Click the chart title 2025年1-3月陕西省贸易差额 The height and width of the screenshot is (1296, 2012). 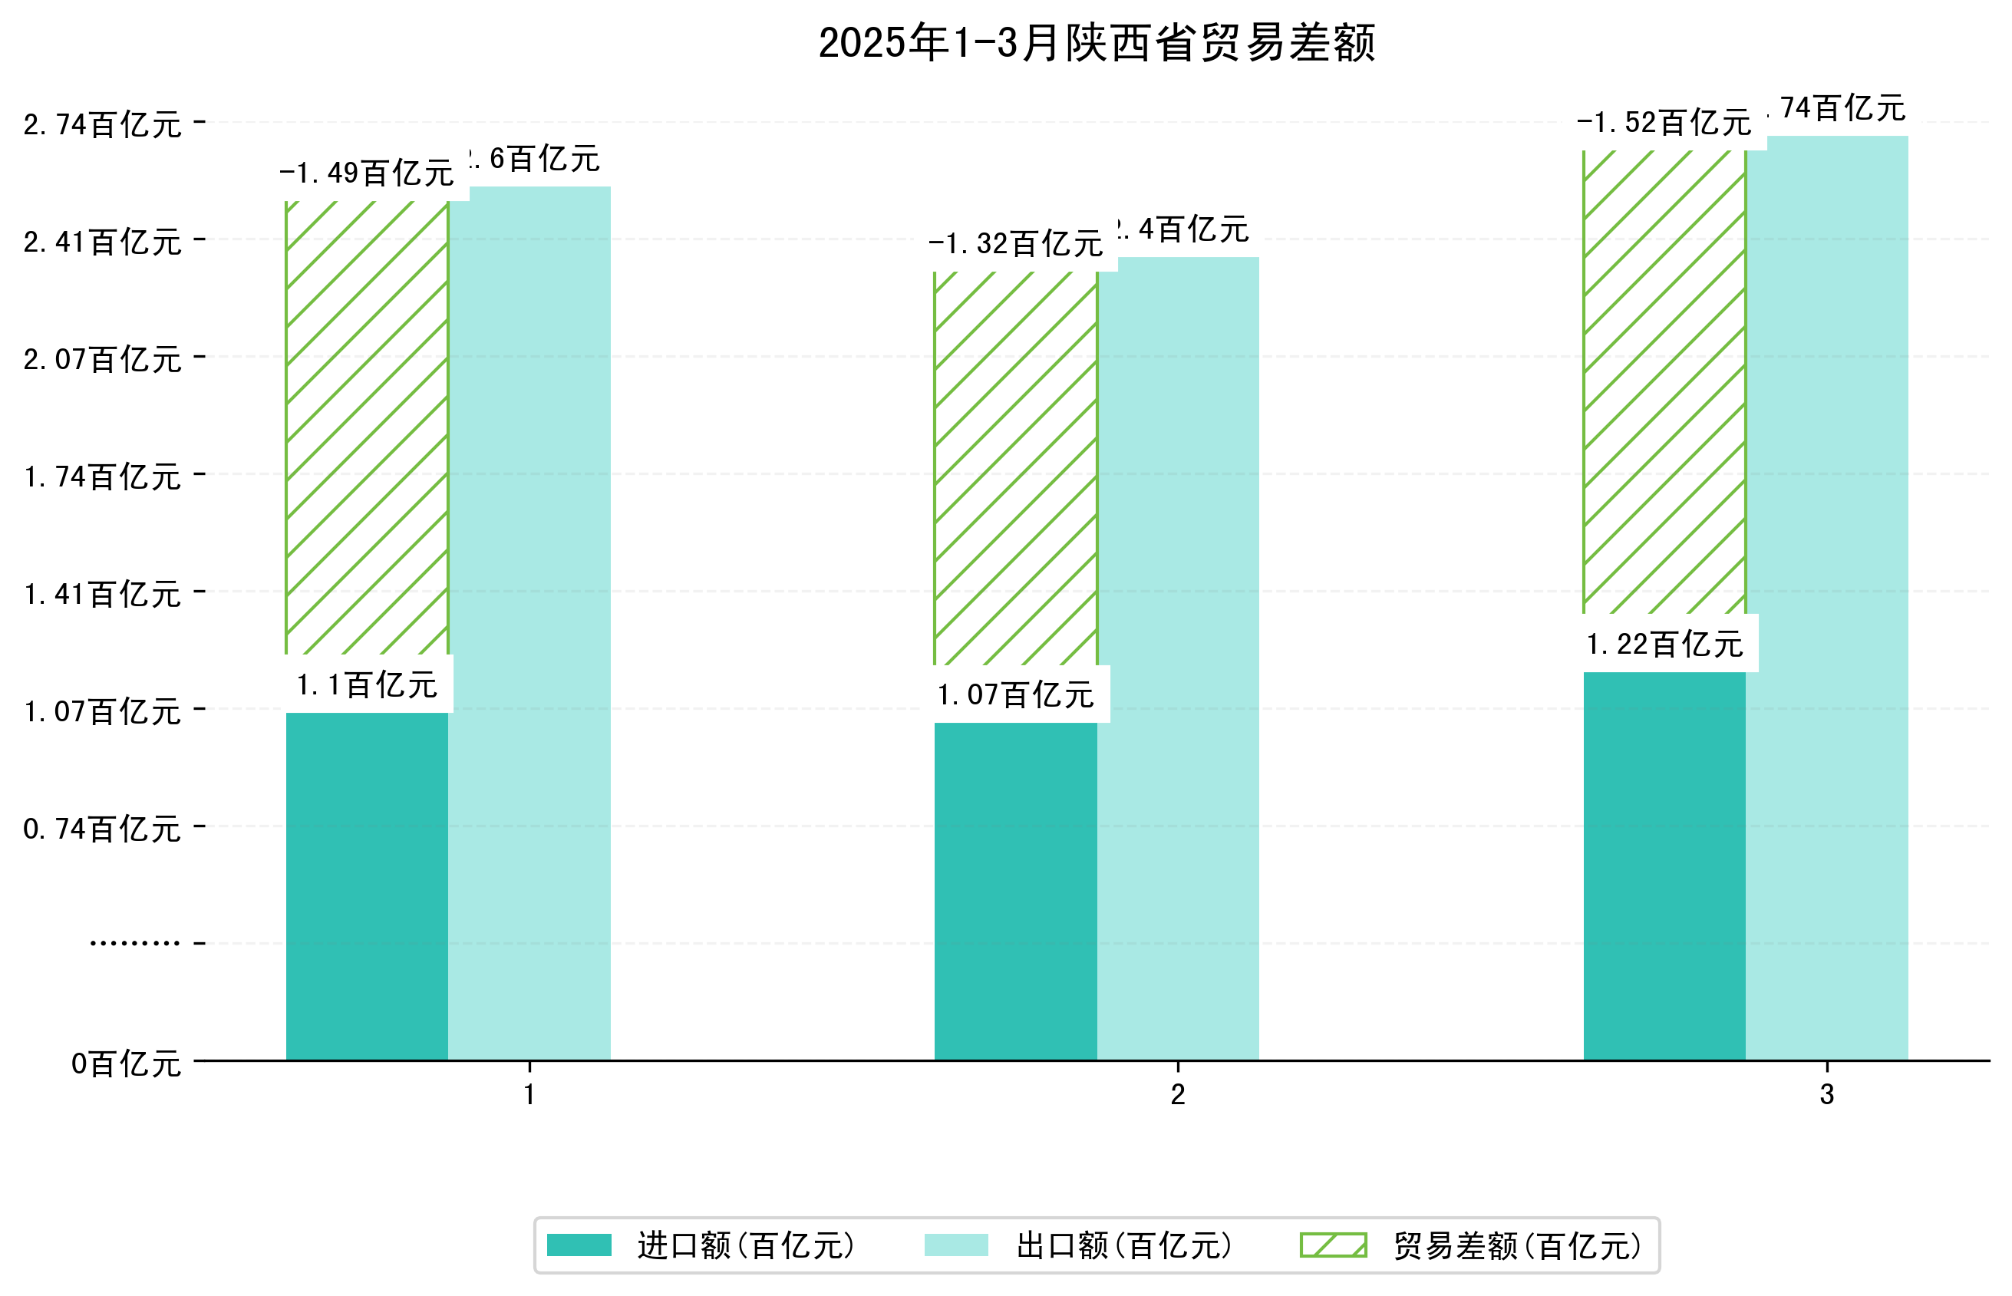[x=1096, y=43]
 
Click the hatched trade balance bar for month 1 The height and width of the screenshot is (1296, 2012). [x=367, y=427]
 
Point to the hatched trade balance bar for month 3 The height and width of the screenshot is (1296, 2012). [x=1664, y=382]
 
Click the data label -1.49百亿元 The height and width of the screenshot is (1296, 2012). [x=367, y=173]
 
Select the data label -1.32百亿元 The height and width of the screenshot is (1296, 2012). [x=1016, y=244]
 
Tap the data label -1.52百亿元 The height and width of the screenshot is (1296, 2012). [x=1664, y=123]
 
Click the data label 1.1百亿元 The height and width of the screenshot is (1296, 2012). [x=367, y=685]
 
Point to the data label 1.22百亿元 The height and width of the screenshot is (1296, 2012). [x=1664, y=645]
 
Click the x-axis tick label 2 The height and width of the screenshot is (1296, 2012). [x=1177, y=1095]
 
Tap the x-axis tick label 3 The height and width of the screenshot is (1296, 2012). [x=1826, y=1095]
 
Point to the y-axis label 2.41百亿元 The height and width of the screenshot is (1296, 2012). [x=102, y=242]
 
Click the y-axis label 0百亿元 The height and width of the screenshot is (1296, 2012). [x=125, y=1064]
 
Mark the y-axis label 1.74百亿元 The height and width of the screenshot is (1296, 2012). [x=102, y=477]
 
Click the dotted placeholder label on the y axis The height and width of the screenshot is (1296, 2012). [x=134, y=943]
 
